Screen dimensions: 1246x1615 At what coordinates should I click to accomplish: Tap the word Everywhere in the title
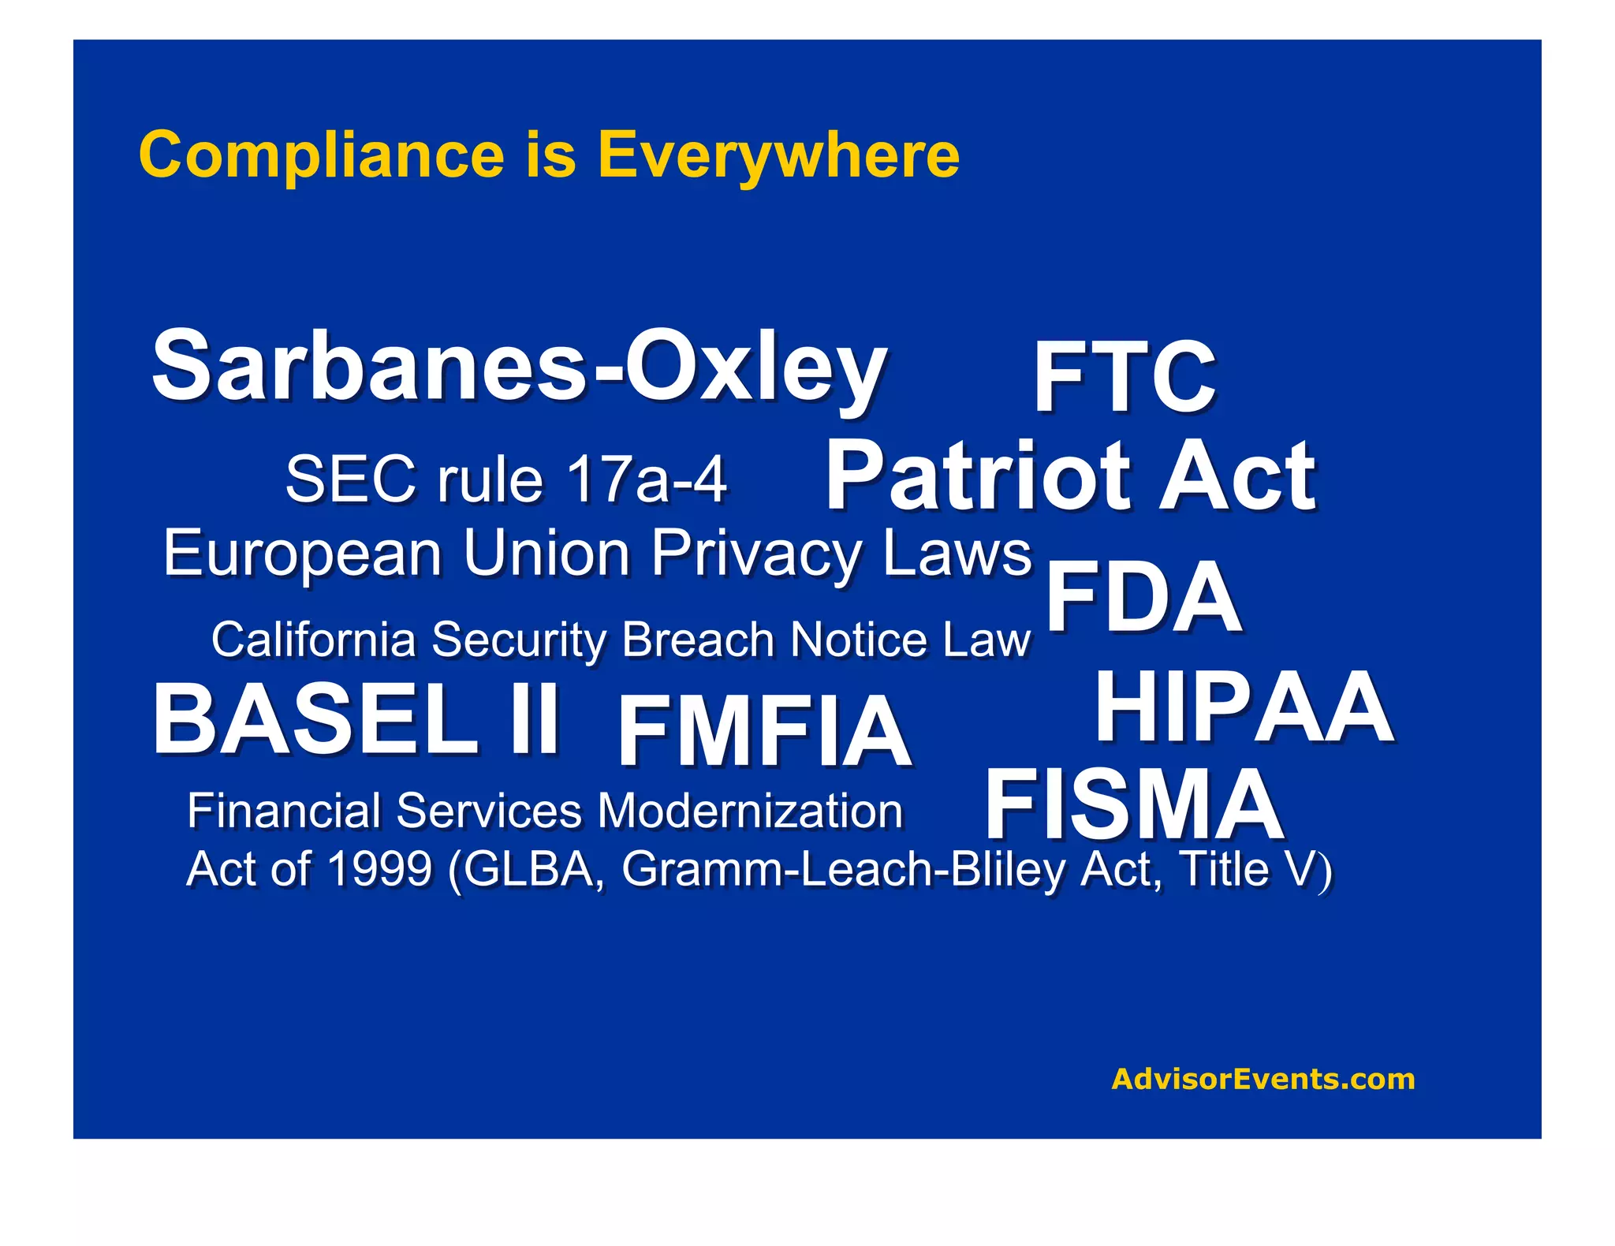778,155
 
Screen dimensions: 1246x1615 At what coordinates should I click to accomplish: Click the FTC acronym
1125,377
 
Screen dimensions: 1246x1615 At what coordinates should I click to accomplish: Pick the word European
302,554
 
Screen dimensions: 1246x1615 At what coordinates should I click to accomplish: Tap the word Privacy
757,554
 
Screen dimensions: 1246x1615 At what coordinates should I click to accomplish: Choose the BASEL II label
356,720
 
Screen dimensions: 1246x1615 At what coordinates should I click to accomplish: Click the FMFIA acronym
764,731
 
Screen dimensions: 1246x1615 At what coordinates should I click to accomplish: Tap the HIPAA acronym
1244,707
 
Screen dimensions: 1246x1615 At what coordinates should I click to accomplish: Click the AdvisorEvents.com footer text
1263,1079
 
